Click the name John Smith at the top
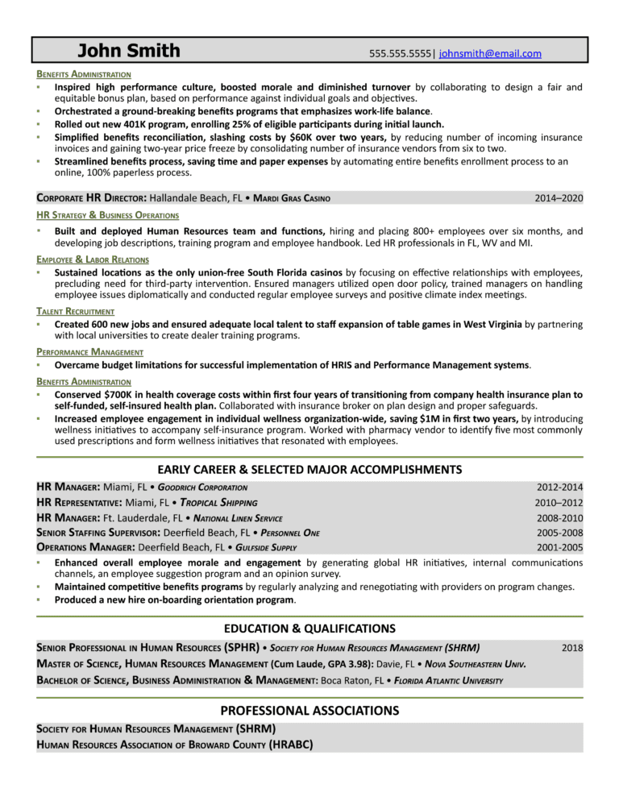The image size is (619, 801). [x=129, y=52]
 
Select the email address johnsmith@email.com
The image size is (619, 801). [x=490, y=54]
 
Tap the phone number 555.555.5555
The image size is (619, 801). [x=401, y=54]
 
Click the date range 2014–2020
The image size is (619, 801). [x=559, y=197]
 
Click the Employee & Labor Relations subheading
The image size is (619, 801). [x=93, y=259]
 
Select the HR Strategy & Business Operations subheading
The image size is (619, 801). [x=108, y=216]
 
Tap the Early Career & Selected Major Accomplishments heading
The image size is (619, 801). [x=309, y=469]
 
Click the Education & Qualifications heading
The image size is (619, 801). [x=309, y=629]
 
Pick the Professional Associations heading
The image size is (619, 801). [x=309, y=710]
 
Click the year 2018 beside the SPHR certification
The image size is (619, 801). [x=572, y=647]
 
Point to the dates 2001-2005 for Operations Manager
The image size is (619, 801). [x=559, y=548]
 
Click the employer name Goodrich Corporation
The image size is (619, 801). [x=202, y=488]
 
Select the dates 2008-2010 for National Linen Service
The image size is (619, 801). [x=559, y=518]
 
